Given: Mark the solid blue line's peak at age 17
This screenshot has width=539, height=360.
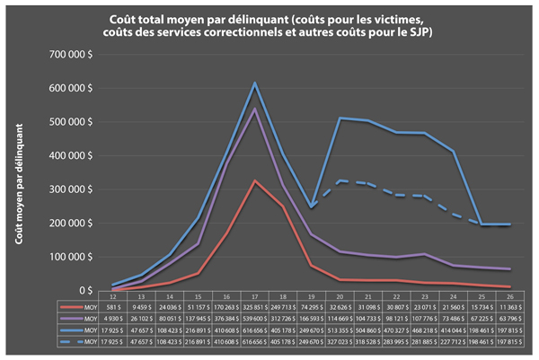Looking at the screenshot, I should coord(254,83).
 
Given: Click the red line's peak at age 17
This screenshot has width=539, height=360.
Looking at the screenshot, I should coord(254,181).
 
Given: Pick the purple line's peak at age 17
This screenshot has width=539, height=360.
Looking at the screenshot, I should coord(254,110).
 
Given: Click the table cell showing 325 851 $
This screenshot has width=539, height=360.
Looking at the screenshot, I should coord(254,307).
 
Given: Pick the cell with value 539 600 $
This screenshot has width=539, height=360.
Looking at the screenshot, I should coord(254,319).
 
